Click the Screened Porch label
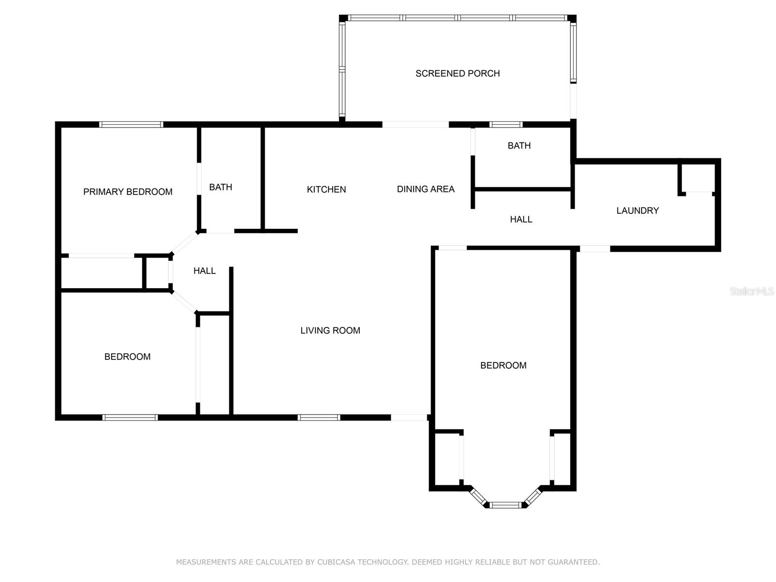tap(457, 74)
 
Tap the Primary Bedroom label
tap(128, 192)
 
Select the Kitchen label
tap(326, 190)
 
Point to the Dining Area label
tap(426, 189)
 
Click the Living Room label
tap(330, 330)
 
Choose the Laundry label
tap(637, 210)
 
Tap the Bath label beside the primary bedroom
tap(221, 187)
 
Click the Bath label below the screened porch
tap(519, 145)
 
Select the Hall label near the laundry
tap(521, 219)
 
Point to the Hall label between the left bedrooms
tap(204, 271)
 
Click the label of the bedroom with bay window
tap(503, 365)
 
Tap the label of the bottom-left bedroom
tap(127, 356)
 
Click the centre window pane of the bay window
tap(505, 505)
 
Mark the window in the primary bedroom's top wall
tap(131, 124)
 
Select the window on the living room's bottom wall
tap(319, 417)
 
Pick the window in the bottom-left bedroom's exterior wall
tap(130, 417)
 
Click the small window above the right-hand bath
tap(505, 124)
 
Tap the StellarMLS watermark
tap(752, 291)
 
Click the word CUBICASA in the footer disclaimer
tap(336, 562)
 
